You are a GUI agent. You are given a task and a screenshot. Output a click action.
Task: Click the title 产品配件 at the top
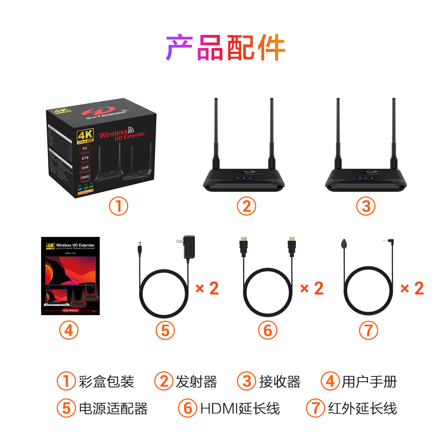pos(225,47)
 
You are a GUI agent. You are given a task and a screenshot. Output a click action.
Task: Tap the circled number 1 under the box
pos(118,206)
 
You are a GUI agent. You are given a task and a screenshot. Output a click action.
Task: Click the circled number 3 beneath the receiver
pos(366,206)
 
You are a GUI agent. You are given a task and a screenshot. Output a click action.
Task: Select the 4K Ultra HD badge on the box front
pos(85,136)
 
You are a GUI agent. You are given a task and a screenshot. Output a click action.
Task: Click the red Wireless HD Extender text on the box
pos(122,134)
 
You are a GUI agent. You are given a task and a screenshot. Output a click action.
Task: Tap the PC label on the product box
pos(85,149)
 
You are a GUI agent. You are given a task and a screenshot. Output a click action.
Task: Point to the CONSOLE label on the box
pos(85,177)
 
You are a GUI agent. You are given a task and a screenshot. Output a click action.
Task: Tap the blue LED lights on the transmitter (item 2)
pos(244,178)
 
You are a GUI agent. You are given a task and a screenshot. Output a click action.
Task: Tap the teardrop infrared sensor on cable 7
pos(344,244)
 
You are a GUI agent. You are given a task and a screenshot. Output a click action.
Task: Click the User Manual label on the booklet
pos(70,310)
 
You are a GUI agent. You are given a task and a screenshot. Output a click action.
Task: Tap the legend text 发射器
pos(196,382)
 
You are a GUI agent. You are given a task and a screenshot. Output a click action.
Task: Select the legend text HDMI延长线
pos(240,408)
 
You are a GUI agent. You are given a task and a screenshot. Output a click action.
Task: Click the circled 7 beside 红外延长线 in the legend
pos(315,408)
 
